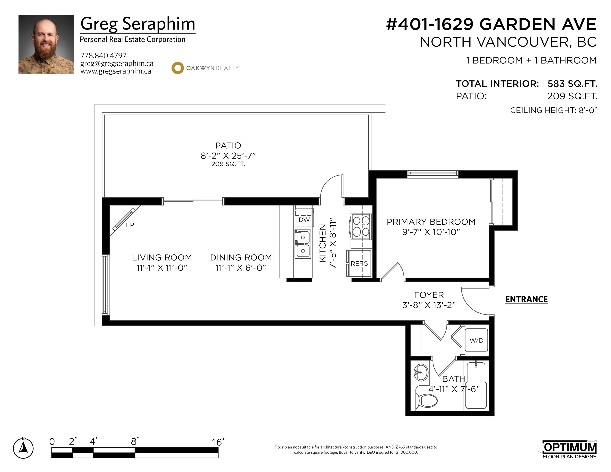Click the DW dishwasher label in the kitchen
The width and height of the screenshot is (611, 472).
click(304, 220)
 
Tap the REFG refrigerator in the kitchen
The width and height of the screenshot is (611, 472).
click(359, 263)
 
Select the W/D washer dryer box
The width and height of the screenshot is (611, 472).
click(476, 340)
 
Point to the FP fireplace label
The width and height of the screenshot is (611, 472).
click(130, 225)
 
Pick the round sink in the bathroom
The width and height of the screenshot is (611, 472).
click(421, 372)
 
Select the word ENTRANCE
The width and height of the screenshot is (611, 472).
click(526, 299)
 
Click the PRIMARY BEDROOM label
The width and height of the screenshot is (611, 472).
click(431, 222)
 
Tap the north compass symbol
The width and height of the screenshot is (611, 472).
click(23, 448)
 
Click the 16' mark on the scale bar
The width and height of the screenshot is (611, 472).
click(218, 442)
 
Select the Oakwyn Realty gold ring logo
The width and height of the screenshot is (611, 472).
click(177, 68)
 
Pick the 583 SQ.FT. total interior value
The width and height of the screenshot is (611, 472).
click(572, 84)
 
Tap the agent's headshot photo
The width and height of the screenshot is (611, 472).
click(46, 44)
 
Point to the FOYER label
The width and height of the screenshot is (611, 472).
click(429, 295)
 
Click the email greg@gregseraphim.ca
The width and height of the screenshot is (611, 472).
click(117, 64)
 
